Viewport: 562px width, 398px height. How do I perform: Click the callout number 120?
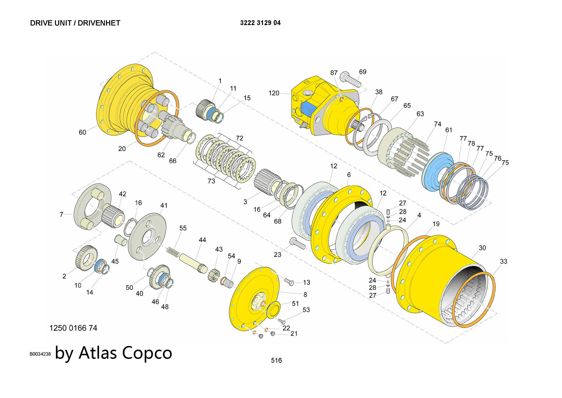click(274, 93)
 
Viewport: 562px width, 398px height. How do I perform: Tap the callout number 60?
click(82, 132)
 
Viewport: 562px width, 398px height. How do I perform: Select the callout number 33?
click(504, 261)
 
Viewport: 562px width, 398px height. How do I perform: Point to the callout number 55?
click(183, 228)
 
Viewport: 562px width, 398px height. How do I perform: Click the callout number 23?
click(277, 255)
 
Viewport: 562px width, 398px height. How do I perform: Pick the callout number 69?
click(363, 72)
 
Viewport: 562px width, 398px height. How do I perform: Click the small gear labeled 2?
click(86, 258)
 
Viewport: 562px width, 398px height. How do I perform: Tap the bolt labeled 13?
click(289, 282)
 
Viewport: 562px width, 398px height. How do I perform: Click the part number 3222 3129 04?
click(260, 23)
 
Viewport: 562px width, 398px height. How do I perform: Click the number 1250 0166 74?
click(73, 328)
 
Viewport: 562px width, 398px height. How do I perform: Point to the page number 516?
click(276, 360)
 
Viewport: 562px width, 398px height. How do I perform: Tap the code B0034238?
click(40, 354)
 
